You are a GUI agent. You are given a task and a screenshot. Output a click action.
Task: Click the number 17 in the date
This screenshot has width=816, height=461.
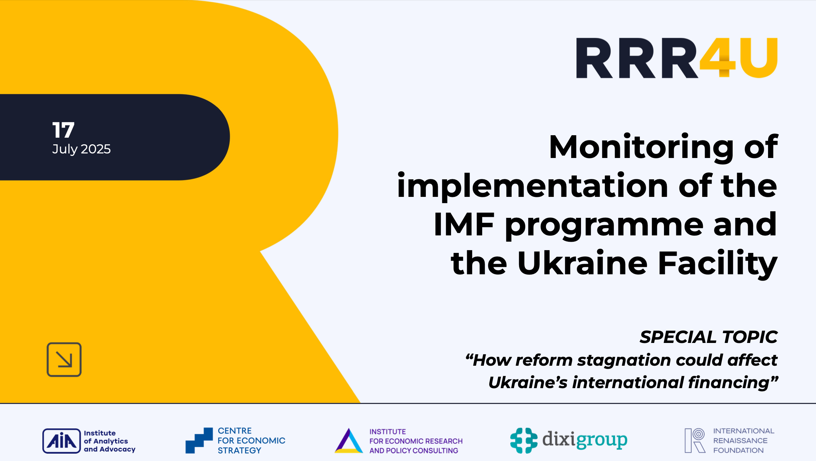(63, 130)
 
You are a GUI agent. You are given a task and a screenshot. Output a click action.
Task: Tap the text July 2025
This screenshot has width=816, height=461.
(81, 149)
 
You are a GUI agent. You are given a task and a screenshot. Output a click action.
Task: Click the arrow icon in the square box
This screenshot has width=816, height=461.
(64, 360)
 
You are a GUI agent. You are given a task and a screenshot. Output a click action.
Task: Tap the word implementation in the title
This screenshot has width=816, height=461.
(532, 186)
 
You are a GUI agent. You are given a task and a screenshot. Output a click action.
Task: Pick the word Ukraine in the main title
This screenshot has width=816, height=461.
(582, 263)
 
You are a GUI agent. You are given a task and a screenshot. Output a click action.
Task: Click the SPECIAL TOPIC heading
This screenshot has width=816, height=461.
(708, 337)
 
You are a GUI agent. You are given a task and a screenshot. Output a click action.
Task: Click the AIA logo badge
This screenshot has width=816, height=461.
(62, 441)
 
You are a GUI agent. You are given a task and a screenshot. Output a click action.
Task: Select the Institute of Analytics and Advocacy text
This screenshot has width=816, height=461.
(109, 441)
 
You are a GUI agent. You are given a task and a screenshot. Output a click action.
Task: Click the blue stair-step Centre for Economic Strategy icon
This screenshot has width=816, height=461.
(199, 440)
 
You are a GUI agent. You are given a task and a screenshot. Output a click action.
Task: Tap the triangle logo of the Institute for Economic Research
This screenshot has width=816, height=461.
(348, 441)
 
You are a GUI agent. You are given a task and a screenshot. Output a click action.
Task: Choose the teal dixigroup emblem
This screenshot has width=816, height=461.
(524, 440)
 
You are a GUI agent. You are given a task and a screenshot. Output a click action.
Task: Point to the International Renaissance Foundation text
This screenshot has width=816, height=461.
(743, 441)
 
